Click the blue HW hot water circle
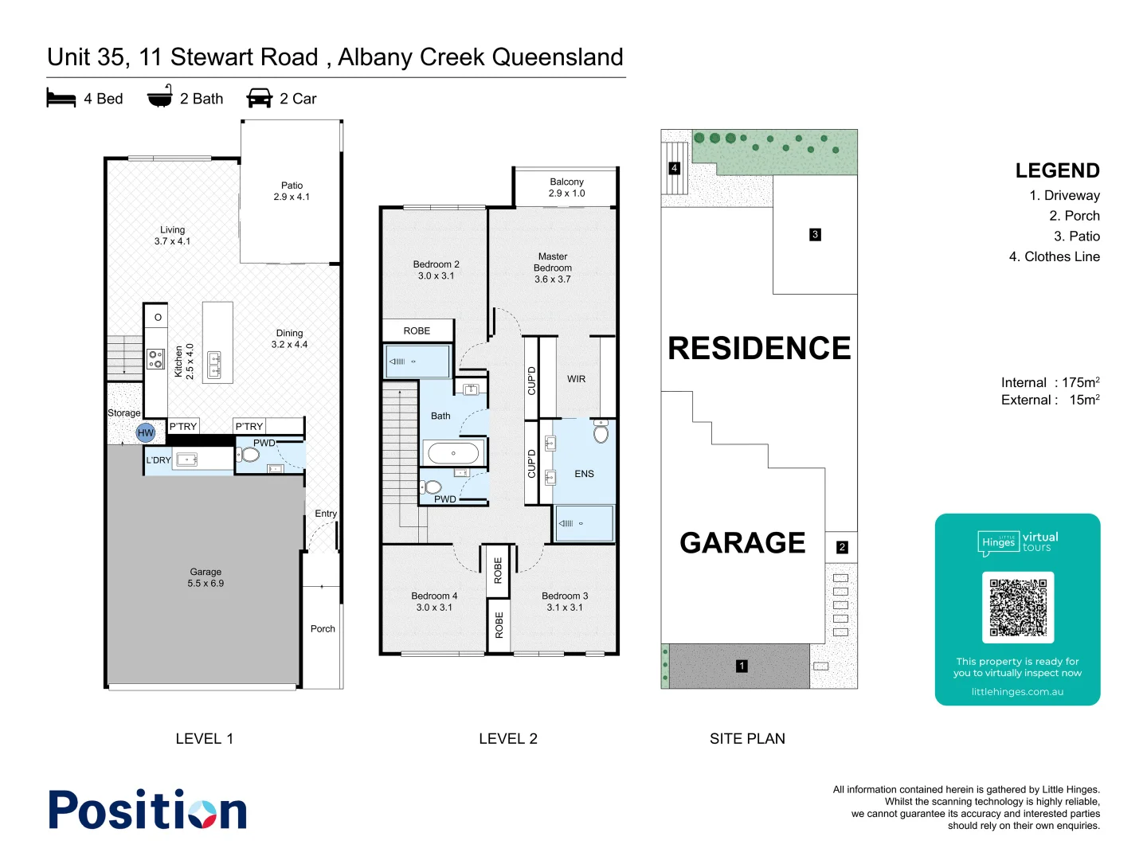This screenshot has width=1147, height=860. click(145, 433)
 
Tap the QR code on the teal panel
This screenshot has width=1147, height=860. click(1017, 607)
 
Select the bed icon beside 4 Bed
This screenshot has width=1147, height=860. click(61, 99)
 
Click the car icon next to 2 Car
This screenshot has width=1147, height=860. click(260, 99)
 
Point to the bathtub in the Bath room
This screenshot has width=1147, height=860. click(453, 453)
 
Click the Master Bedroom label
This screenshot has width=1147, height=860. click(553, 268)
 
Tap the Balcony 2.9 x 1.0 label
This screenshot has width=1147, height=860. click(566, 188)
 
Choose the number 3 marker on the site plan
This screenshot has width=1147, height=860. click(815, 235)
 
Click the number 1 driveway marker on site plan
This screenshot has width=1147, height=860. click(742, 666)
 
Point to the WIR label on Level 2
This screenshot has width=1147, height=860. click(576, 379)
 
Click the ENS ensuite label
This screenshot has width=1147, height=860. click(584, 474)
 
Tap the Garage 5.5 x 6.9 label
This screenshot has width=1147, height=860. click(206, 577)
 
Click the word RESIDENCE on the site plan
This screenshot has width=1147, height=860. click(758, 348)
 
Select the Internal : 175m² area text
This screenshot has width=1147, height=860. click(1050, 382)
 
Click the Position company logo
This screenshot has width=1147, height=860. click(148, 811)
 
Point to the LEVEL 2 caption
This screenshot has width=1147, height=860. click(507, 739)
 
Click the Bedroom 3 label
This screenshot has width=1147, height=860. click(565, 601)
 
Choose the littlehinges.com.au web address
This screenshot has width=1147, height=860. click(1017, 692)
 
